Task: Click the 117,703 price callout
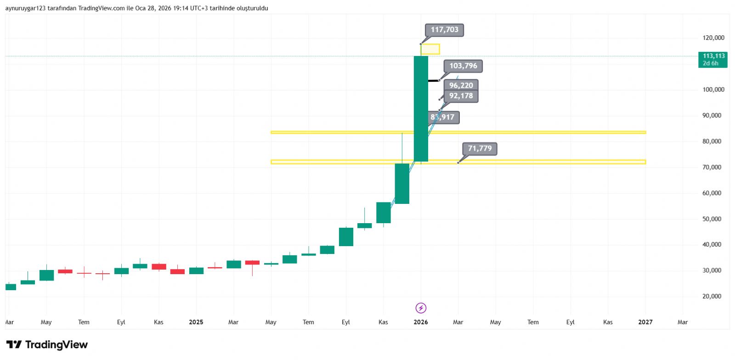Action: pos(444,30)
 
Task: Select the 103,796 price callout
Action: pos(463,66)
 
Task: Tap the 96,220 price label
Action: pos(461,85)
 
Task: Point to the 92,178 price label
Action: pos(461,96)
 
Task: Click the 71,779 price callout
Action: pos(480,149)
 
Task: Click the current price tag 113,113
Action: pos(713,59)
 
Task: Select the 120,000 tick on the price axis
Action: pos(713,38)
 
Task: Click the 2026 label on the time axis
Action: pos(420,322)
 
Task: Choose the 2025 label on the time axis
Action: pos(196,322)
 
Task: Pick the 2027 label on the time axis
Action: pos(645,322)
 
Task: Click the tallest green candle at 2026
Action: pos(421,109)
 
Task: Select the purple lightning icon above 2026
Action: pos(421,308)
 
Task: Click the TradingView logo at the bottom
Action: pos(47,345)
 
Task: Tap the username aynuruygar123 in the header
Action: pos(25,8)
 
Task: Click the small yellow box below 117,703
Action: pos(430,49)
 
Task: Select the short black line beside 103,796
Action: pos(433,81)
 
